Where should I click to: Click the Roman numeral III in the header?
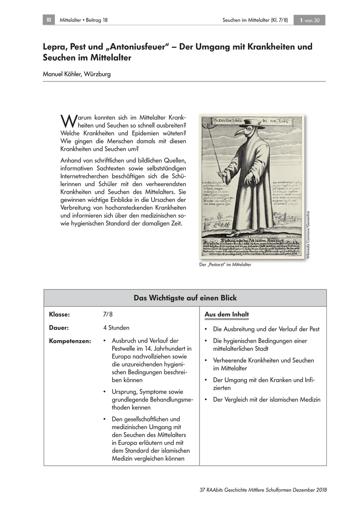[x=48, y=20]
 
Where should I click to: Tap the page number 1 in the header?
[x=301, y=20]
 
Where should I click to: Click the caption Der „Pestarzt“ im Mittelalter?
[x=225, y=265]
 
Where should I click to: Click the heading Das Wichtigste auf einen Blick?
[x=185, y=298]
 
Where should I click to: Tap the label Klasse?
[x=59, y=314]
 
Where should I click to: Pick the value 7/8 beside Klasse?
[x=108, y=314]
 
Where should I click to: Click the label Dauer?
[x=59, y=328]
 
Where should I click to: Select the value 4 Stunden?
[x=116, y=328]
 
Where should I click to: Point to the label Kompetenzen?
[x=70, y=341]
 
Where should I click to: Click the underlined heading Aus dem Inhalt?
[x=227, y=314]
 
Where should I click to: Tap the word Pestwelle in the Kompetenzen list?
[x=125, y=349]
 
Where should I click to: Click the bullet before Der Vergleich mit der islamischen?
[x=205, y=400]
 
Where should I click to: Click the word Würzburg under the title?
[x=98, y=74]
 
